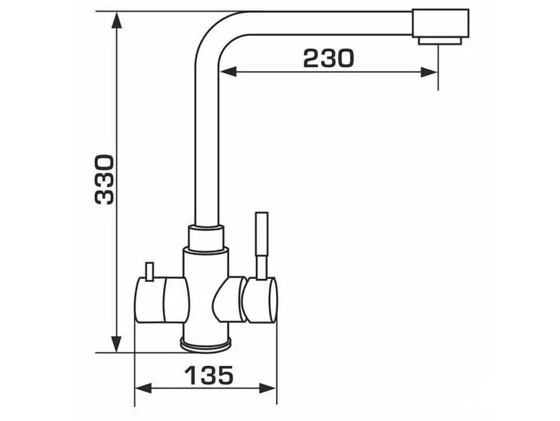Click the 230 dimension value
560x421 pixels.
328,58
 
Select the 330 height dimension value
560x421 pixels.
104,179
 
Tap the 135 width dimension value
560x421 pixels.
209,375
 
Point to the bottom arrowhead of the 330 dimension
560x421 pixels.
117,344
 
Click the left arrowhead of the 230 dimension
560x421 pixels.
228,72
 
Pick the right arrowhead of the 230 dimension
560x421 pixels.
429,72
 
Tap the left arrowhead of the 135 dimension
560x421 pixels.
143,388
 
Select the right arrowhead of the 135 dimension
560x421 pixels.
268,388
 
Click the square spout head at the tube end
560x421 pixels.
440,23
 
